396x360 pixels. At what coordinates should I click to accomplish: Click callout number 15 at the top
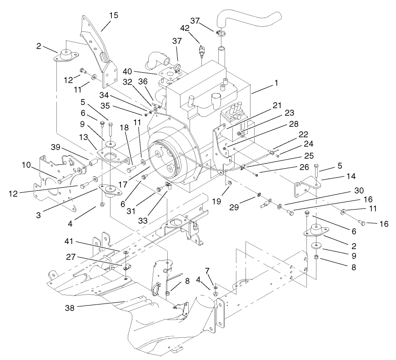coord(113,15)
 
